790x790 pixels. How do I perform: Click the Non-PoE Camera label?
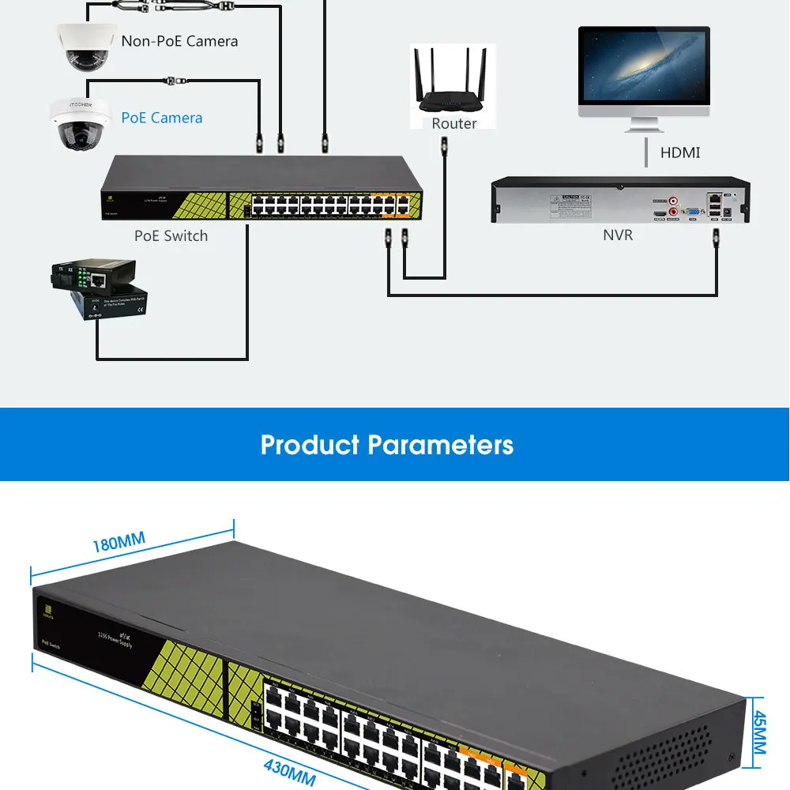[x=179, y=41]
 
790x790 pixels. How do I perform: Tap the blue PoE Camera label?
[x=161, y=118]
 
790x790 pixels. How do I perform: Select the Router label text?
[x=453, y=123]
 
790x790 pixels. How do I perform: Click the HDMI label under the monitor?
[x=680, y=152]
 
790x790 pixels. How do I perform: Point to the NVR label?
[x=618, y=235]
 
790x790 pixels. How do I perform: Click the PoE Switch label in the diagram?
[x=171, y=235]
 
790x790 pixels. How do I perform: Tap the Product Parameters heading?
[x=387, y=445]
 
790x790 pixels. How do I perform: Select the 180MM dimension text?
[x=118, y=543]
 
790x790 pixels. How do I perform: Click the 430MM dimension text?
[x=289, y=770]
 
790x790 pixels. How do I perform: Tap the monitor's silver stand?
[x=644, y=125]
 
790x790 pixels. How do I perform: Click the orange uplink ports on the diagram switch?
[x=393, y=203]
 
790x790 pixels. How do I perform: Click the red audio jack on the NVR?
[x=673, y=201]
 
